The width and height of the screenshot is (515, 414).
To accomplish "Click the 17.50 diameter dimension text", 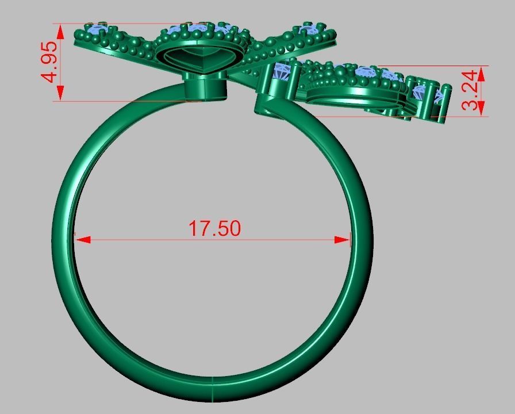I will coord(214,228).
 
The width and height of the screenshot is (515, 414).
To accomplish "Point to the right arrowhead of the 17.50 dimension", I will coord(343,239).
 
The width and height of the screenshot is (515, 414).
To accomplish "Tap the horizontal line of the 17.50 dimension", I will coord(144,239).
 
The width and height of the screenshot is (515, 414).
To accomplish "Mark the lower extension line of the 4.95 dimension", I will coord(115,101).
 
